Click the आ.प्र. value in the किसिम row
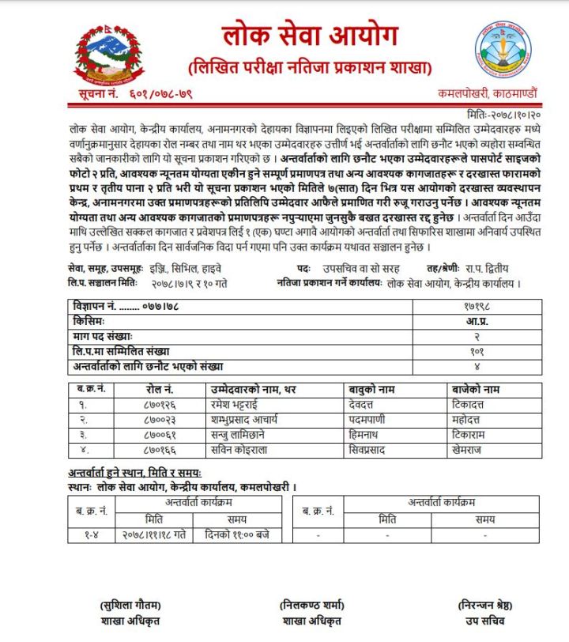point(474,322)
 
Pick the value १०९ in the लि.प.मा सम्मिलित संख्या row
point(474,351)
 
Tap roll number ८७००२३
point(160,420)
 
